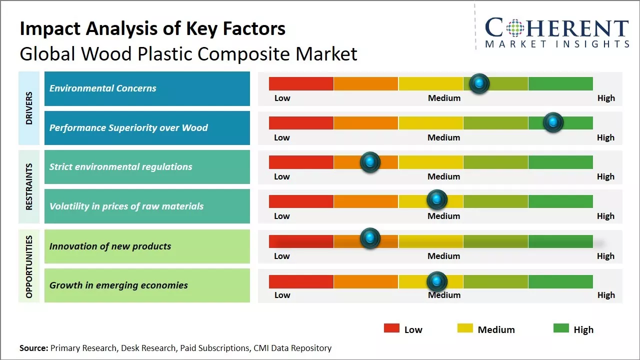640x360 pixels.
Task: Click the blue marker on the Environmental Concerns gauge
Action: (x=479, y=83)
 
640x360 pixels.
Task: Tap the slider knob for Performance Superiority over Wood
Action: (x=553, y=122)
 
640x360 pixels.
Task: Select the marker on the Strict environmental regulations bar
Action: (x=370, y=162)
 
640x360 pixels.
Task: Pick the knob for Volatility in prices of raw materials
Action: (x=437, y=200)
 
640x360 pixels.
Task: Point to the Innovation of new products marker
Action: (x=370, y=238)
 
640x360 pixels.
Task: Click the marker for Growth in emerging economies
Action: (x=437, y=281)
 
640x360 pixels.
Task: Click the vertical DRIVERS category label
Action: (x=29, y=108)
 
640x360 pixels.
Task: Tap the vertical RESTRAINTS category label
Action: (x=29, y=186)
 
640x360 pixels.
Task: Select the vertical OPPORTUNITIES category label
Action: (x=29, y=266)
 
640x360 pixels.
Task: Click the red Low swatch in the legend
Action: (x=391, y=328)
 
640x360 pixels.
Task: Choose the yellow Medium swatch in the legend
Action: (x=465, y=328)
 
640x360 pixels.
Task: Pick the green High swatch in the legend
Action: (x=561, y=328)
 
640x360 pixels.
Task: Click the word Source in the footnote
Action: (x=33, y=348)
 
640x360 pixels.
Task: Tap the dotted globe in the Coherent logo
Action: (x=514, y=28)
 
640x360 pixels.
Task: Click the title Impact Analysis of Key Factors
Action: (x=152, y=28)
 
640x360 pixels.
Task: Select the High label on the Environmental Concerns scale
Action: (x=606, y=98)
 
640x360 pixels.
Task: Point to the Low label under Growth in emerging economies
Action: (x=282, y=295)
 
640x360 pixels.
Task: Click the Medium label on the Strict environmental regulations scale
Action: (x=444, y=176)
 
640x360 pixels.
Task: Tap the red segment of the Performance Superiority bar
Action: (x=301, y=123)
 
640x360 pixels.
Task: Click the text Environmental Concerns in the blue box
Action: (x=103, y=88)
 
